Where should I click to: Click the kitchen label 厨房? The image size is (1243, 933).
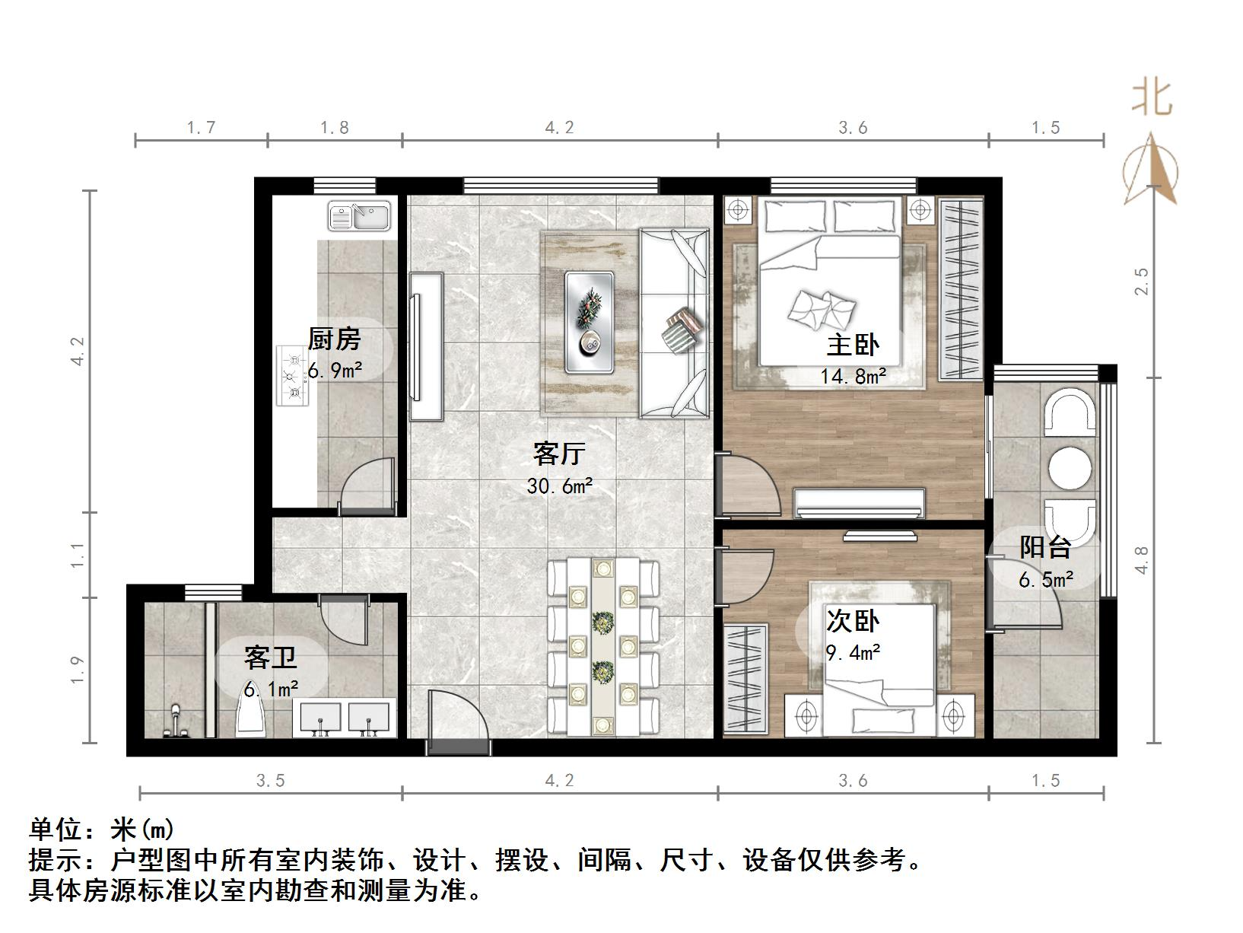[x=334, y=339]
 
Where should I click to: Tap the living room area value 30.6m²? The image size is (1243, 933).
[x=560, y=486]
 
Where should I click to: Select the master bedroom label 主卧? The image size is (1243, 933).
[x=853, y=345]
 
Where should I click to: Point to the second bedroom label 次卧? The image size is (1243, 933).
[x=853, y=622]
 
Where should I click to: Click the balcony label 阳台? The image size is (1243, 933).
[x=1045, y=547]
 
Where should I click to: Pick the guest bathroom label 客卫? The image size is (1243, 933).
[x=270, y=658]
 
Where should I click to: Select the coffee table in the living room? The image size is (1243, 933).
[x=590, y=322]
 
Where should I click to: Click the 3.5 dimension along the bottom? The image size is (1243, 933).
[x=270, y=781]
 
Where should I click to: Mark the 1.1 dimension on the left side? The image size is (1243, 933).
[x=77, y=556]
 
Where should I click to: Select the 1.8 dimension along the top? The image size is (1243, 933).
[x=334, y=128]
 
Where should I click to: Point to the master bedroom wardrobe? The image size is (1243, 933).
[x=962, y=289]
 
